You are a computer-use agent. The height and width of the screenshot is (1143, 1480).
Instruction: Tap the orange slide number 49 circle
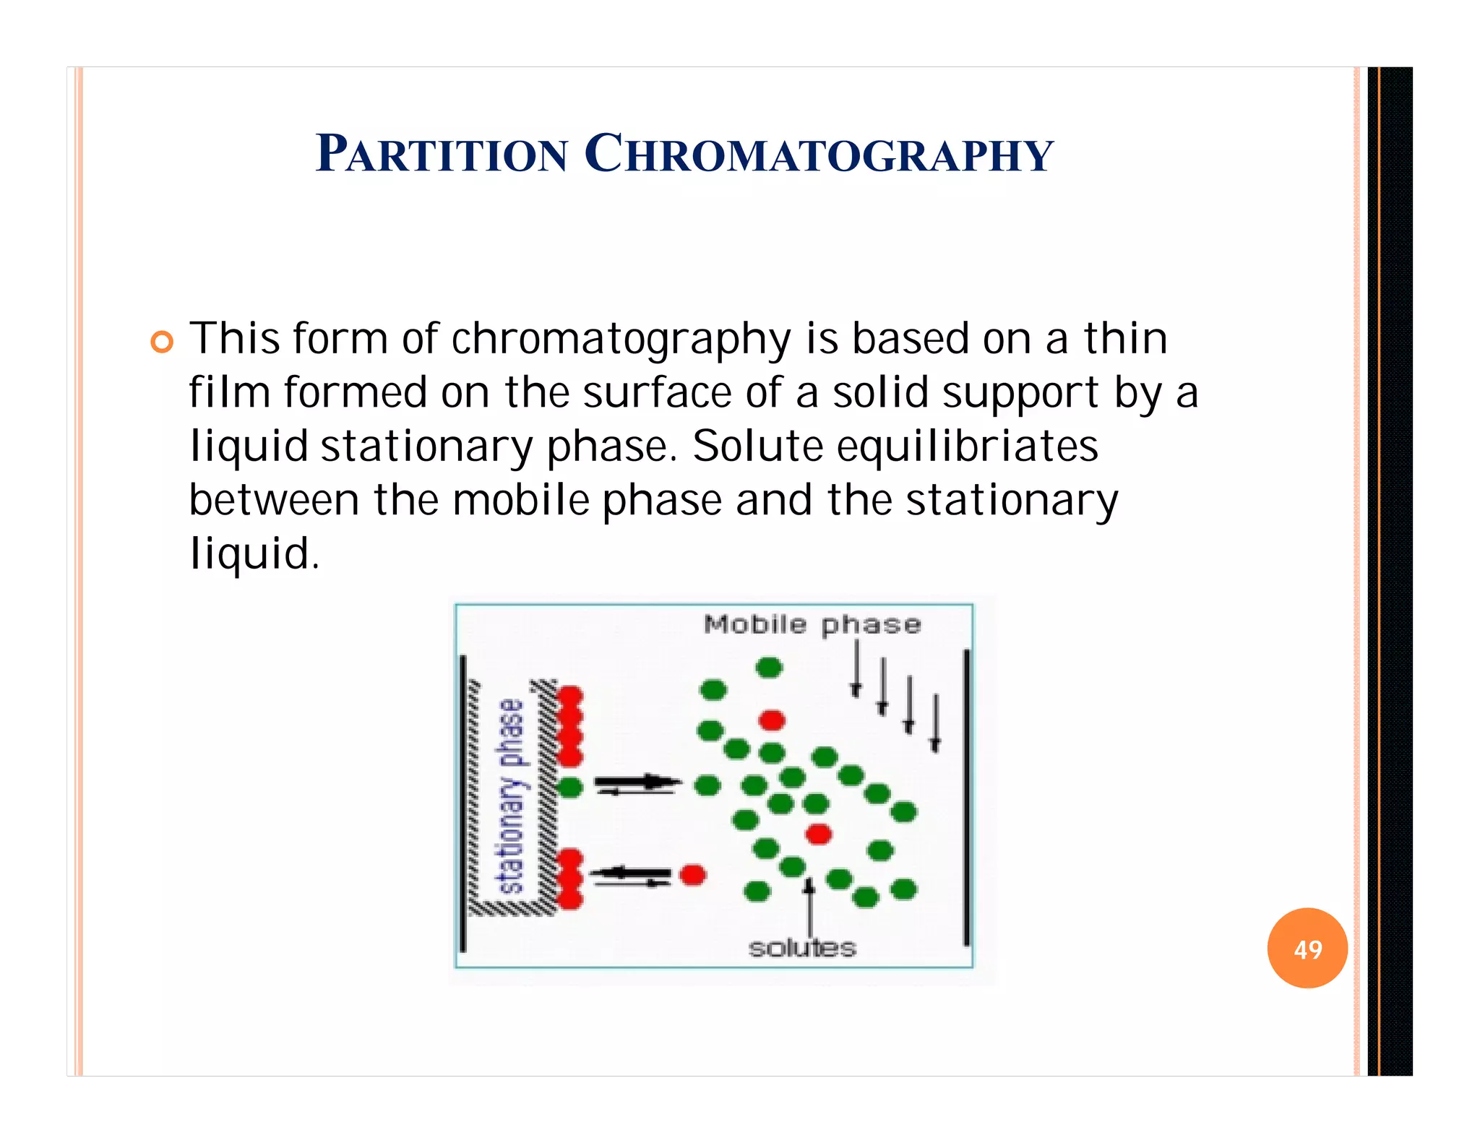tap(1307, 948)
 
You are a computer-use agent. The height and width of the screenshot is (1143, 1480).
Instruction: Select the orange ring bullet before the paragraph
tap(163, 342)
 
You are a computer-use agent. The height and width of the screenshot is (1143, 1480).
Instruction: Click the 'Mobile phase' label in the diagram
tap(812, 624)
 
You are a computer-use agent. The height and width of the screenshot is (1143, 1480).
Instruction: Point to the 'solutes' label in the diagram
tap(802, 948)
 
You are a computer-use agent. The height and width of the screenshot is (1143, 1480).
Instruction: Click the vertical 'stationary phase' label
tap(512, 795)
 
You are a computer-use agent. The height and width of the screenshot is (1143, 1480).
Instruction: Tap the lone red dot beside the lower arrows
tap(692, 875)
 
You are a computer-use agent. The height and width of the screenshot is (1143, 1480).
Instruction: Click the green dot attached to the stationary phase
tap(570, 786)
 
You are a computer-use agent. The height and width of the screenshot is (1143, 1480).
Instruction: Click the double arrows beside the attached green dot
tap(637, 785)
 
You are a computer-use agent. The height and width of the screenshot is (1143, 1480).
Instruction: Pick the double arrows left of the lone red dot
tap(630, 876)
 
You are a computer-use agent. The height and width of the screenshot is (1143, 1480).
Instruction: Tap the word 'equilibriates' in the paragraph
tap(968, 446)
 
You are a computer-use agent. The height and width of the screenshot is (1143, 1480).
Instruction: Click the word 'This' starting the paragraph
tap(234, 338)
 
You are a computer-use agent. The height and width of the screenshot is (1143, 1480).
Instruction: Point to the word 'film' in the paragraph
tap(230, 392)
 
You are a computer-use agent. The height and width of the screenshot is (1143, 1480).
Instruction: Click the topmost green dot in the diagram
tap(769, 667)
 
